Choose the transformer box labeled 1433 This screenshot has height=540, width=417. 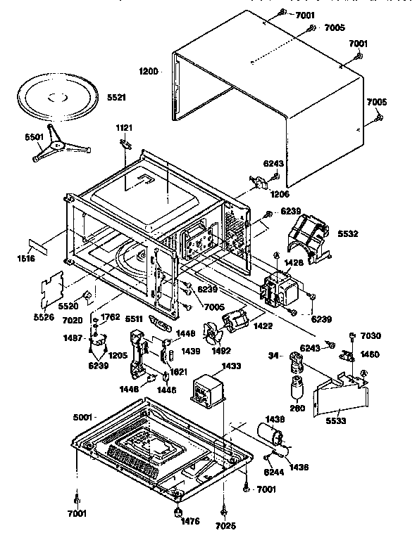pos(208,388)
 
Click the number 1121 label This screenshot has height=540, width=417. pos(125,128)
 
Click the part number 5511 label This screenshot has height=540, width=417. pos(135,319)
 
